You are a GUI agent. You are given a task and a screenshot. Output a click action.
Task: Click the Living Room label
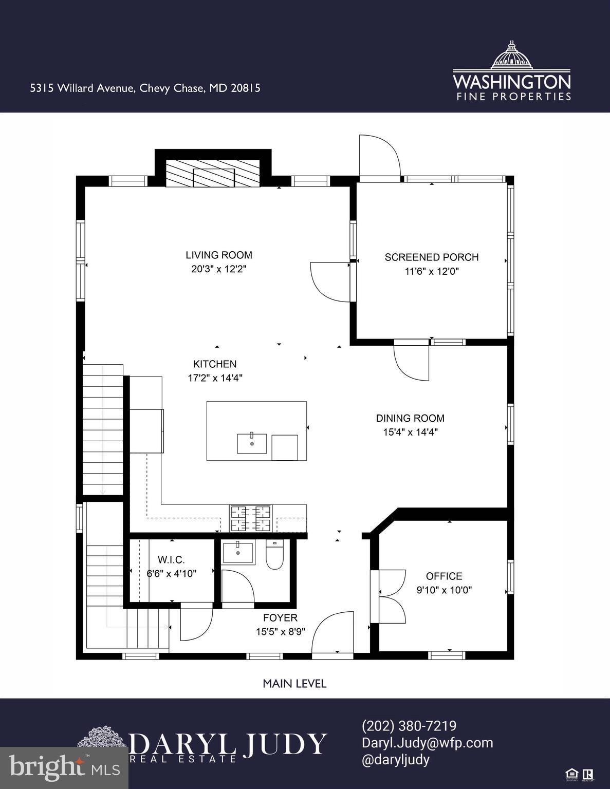click(x=219, y=255)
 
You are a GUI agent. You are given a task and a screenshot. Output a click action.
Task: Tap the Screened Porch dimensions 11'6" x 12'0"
click(x=432, y=271)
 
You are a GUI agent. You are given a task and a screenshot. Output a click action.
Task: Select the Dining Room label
click(x=410, y=418)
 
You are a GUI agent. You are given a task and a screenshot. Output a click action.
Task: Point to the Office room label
click(x=444, y=576)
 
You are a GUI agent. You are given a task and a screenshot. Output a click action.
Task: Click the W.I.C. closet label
click(x=171, y=560)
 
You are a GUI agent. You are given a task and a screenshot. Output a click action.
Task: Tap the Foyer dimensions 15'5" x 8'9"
click(x=281, y=632)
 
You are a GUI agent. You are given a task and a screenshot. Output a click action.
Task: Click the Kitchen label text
click(x=215, y=364)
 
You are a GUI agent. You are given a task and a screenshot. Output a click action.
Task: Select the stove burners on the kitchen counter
click(x=251, y=518)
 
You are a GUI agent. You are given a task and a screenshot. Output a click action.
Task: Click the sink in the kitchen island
click(x=252, y=443)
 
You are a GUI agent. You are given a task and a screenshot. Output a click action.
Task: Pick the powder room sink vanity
click(x=238, y=552)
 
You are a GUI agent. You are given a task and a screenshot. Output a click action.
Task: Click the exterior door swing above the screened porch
click(x=379, y=157)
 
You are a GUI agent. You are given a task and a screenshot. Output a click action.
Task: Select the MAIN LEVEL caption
click(x=294, y=683)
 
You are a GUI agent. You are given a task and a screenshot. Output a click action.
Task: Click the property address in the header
click(x=145, y=88)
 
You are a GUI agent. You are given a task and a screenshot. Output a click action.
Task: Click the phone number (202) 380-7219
click(x=409, y=726)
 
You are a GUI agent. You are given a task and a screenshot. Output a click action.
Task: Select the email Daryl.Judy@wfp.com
click(x=427, y=743)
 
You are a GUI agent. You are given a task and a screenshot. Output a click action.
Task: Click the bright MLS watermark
click(x=64, y=768)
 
